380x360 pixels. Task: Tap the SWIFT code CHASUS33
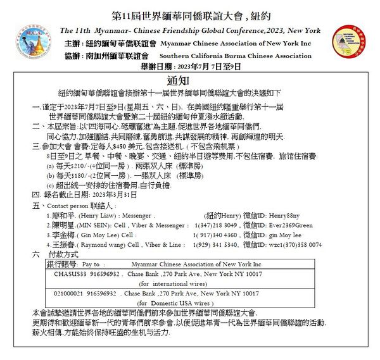67,273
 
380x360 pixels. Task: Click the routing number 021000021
69,294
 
